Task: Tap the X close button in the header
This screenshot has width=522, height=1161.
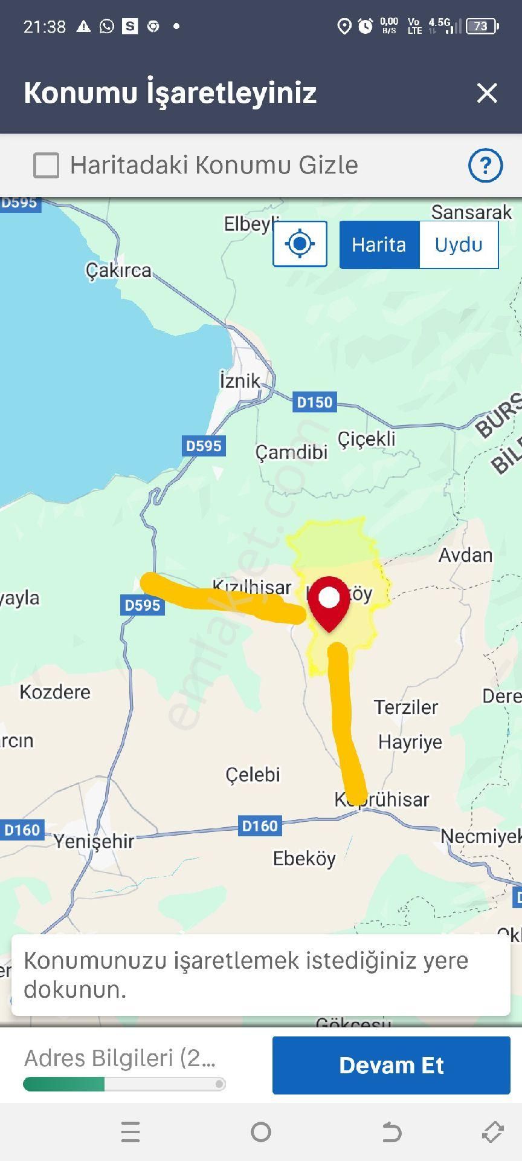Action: tap(486, 93)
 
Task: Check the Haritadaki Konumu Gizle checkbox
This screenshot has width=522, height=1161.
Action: tap(47, 165)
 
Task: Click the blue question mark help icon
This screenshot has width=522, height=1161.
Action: tap(485, 165)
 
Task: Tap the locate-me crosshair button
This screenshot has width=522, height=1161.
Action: tap(300, 244)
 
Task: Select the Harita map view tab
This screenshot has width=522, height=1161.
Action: tap(379, 245)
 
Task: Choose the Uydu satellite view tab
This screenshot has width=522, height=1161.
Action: tap(459, 245)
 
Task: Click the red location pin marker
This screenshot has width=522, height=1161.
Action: tap(329, 602)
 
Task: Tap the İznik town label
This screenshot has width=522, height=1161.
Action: tap(240, 381)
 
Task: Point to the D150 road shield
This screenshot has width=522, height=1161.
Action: tap(314, 402)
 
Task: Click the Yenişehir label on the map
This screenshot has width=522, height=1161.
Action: tap(94, 841)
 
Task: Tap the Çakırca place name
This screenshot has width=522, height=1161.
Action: tap(118, 270)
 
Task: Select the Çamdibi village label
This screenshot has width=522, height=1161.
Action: tap(291, 452)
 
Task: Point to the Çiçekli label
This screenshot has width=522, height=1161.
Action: tap(366, 438)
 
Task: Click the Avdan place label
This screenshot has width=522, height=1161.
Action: tap(465, 555)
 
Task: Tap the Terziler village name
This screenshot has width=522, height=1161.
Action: tap(405, 707)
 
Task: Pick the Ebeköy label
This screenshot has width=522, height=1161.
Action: tap(304, 859)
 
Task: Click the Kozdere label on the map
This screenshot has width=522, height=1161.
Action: tap(55, 692)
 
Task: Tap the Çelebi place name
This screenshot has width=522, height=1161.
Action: tap(253, 775)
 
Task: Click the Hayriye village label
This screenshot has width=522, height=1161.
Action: tap(410, 742)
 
